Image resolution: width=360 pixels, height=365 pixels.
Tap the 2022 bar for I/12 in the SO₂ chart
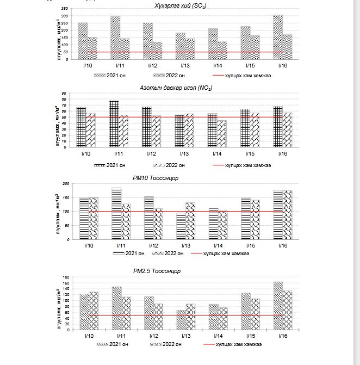[x=157, y=51]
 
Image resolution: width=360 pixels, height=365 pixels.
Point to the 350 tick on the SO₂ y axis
[x=65, y=10]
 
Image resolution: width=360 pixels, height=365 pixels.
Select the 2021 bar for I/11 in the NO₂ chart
[x=114, y=123]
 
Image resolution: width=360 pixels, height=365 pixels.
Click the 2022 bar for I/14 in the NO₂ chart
[x=221, y=133]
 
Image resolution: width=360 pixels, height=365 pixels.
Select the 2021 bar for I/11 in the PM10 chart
[x=116, y=213]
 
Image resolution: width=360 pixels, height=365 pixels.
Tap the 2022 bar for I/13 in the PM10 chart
[x=190, y=221]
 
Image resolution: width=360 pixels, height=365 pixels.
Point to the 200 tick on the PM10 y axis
[x=66, y=183]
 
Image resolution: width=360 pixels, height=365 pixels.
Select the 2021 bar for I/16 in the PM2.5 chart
[x=278, y=306]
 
